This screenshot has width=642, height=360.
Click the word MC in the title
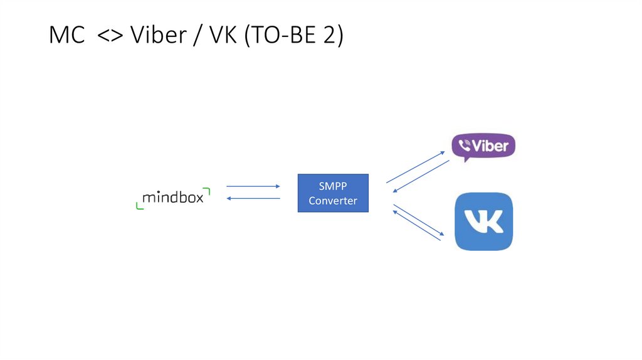[66, 36]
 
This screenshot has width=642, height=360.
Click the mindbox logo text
[172, 198]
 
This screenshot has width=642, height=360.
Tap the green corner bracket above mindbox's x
[207, 191]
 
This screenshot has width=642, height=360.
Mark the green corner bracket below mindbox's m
[139, 205]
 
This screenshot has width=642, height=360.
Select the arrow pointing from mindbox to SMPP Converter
[253, 186]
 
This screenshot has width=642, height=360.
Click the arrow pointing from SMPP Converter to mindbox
[253, 198]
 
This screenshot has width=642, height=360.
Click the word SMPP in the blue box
[332, 187]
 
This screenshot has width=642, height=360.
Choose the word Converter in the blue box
[332, 201]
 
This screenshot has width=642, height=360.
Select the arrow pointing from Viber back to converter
[421, 176]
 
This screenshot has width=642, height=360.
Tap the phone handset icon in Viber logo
[464, 146]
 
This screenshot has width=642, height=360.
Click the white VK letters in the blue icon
[483, 221]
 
